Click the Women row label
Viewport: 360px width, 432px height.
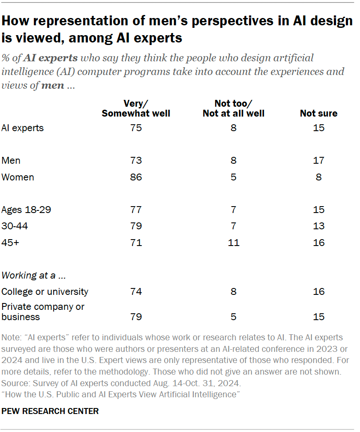(x=18, y=177)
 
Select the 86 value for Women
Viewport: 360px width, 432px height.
(x=136, y=177)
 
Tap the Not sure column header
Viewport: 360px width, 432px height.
(x=318, y=114)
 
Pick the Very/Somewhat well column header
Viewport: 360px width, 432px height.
(x=136, y=108)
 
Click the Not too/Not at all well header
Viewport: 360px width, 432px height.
(x=234, y=108)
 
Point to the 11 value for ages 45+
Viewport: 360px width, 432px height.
(x=234, y=243)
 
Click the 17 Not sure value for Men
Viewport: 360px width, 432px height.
(x=318, y=161)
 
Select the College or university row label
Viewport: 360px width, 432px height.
(x=45, y=291)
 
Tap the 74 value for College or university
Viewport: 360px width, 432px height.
(x=136, y=291)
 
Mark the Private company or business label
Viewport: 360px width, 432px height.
(x=43, y=312)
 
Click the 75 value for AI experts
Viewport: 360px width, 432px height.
(x=136, y=128)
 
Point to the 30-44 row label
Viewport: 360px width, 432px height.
(x=13, y=226)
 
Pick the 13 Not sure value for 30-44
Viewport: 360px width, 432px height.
(x=318, y=226)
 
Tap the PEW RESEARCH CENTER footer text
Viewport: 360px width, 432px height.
(x=50, y=411)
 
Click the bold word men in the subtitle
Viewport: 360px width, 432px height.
(x=53, y=85)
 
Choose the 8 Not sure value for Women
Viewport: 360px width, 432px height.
(x=318, y=177)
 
